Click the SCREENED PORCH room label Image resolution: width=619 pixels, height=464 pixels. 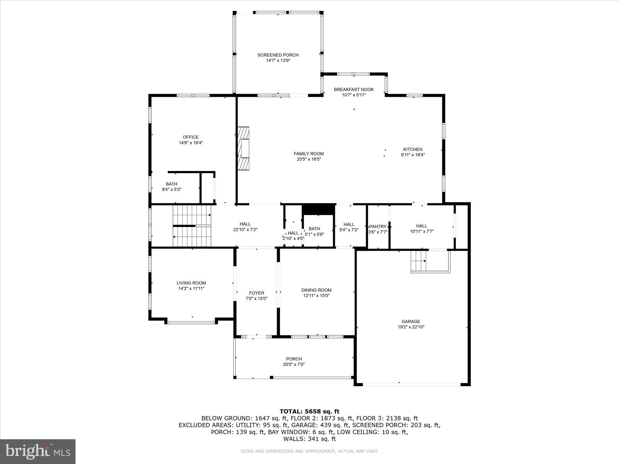click(x=278, y=55)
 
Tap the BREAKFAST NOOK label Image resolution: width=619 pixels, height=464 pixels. click(x=354, y=89)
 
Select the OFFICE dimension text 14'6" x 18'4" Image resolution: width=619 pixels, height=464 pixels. click(x=191, y=143)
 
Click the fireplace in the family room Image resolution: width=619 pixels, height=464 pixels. click(x=243, y=148)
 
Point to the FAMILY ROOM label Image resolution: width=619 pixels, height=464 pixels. click(x=309, y=154)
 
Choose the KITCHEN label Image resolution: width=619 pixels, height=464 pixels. click(x=413, y=149)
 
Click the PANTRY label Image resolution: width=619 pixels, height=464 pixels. click(x=378, y=226)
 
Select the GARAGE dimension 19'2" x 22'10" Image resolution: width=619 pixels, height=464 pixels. click(x=411, y=327)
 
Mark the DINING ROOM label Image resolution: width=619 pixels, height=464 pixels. click(x=316, y=290)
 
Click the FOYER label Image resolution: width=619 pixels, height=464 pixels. click(x=257, y=293)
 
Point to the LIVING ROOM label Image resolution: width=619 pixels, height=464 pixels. click(x=191, y=283)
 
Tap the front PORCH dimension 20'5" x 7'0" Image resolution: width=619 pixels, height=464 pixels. click(x=294, y=364)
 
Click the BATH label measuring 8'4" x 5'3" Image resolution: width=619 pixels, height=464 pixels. click(x=171, y=184)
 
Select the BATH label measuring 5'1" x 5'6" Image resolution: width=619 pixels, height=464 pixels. click(x=314, y=229)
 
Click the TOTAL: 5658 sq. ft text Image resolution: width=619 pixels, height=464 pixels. click(x=309, y=411)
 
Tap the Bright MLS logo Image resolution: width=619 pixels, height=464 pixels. click(x=38, y=451)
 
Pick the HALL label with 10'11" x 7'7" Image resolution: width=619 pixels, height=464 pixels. click(x=422, y=226)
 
